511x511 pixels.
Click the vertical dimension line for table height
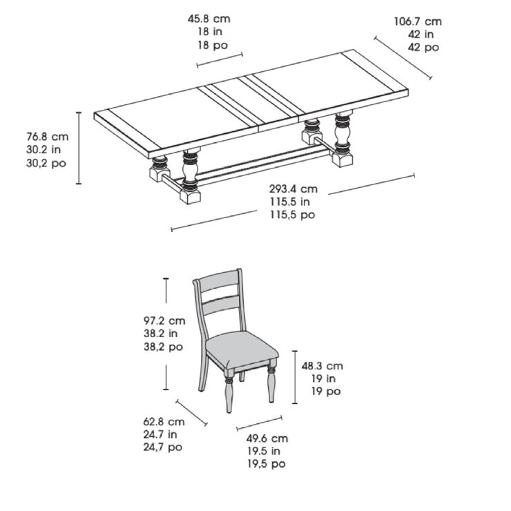79,148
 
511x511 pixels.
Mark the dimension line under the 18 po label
220,60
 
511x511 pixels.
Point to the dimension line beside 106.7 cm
403,58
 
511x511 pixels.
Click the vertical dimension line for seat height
295,377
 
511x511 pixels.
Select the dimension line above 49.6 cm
260,423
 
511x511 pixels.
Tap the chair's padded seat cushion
242,348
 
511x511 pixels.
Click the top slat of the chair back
219,281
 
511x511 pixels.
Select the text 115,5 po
292,215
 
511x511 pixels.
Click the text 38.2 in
161,334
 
